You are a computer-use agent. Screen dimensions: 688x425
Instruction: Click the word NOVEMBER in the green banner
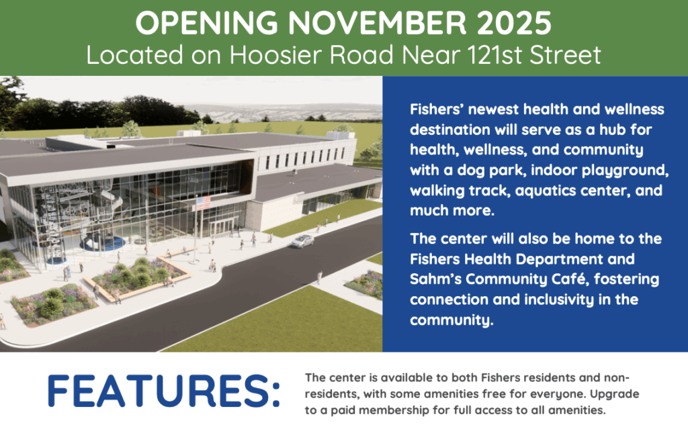point(378,23)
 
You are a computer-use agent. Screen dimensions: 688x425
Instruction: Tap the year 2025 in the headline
point(514,23)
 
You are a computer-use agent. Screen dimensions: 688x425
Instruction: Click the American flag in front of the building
point(203,203)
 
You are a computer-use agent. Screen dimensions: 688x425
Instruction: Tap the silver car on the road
point(302,241)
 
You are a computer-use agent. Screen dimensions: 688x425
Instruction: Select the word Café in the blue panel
point(568,279)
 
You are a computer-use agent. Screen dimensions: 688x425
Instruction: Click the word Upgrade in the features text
point(614,394)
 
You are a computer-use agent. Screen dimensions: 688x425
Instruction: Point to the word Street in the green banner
point(565,55)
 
